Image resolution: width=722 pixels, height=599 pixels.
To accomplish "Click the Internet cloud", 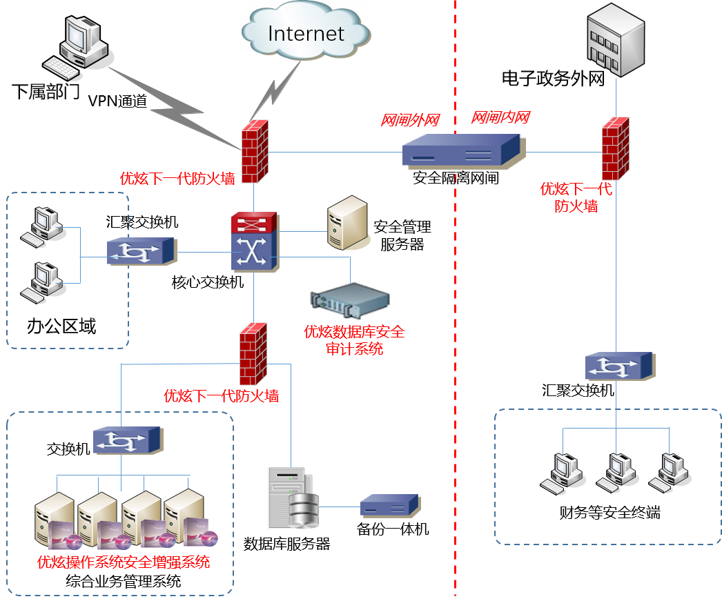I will (306, 33).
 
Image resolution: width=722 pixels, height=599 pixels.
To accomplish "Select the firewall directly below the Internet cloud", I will (255, 152).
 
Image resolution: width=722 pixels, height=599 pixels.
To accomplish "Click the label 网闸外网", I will (410, 121).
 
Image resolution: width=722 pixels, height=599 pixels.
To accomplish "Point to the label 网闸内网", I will (500, 118).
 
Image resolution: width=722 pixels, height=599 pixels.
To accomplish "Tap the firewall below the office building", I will (615, 148).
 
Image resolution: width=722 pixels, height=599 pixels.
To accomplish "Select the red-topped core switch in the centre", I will (254, 242).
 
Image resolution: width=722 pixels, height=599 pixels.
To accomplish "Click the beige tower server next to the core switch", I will (347, 223).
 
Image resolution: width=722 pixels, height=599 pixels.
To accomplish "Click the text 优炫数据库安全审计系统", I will (354, 340).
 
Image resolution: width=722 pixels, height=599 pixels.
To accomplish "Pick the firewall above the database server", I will (253, 353).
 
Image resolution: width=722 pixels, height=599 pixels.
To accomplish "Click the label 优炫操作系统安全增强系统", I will (124, 562).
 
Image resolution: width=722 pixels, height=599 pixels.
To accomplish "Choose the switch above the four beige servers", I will (128, 440).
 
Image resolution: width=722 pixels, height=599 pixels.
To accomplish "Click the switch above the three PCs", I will (620, 366).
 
